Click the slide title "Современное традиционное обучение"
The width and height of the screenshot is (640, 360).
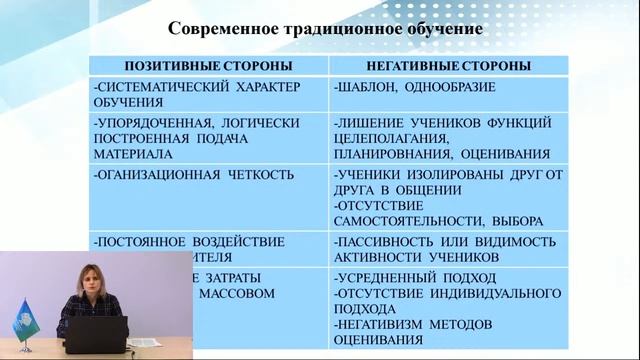coord(325,28)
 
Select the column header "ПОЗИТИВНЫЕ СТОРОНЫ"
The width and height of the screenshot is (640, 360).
coord(205,65)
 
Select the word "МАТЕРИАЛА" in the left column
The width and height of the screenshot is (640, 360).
coord(131,154)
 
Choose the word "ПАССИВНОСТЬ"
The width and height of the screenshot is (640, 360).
coord(393,242)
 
